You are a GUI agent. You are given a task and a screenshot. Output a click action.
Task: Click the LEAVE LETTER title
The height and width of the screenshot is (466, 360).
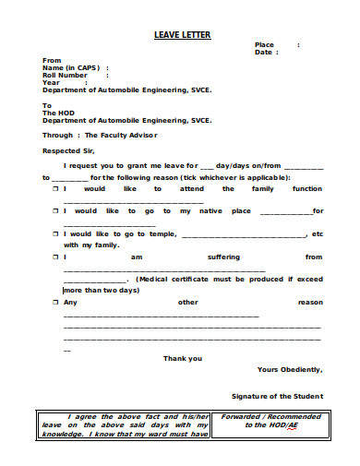coord(182,35)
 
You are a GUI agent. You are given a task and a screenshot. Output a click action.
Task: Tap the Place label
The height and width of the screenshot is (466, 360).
coord(264,44)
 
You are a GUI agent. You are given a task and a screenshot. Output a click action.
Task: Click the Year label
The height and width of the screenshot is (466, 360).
coord(52,83)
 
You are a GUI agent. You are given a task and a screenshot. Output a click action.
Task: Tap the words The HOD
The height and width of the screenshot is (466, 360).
coord(57,113)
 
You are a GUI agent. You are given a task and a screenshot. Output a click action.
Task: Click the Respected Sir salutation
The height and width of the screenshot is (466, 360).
coord(69,150)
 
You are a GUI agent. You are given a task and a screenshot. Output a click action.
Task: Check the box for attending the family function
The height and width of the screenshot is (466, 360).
coord(54,188)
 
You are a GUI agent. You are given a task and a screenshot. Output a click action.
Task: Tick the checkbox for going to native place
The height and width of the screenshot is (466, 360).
coord(54,211)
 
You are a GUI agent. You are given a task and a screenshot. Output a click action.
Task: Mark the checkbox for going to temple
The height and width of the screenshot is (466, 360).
coord(54,234)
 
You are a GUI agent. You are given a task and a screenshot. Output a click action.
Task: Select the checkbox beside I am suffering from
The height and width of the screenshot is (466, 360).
coord(54,257)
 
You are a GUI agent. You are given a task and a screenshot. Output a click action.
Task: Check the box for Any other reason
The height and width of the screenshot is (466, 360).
coord(54,303)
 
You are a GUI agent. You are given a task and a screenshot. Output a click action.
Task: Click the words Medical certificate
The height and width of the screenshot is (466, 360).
coord(174,279)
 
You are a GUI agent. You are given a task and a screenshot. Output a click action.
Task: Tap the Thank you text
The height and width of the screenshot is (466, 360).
coord(182,358)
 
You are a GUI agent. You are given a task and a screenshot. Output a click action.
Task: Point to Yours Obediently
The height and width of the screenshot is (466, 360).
coord(290,369)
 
